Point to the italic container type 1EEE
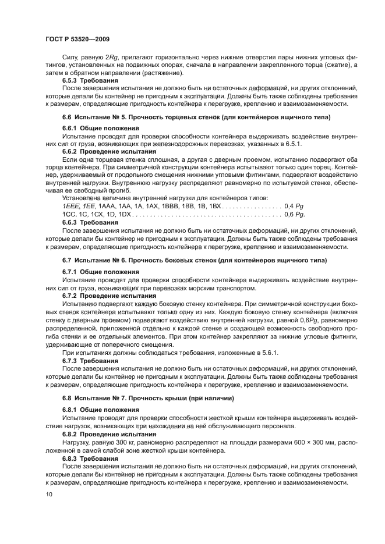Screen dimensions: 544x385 70,207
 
